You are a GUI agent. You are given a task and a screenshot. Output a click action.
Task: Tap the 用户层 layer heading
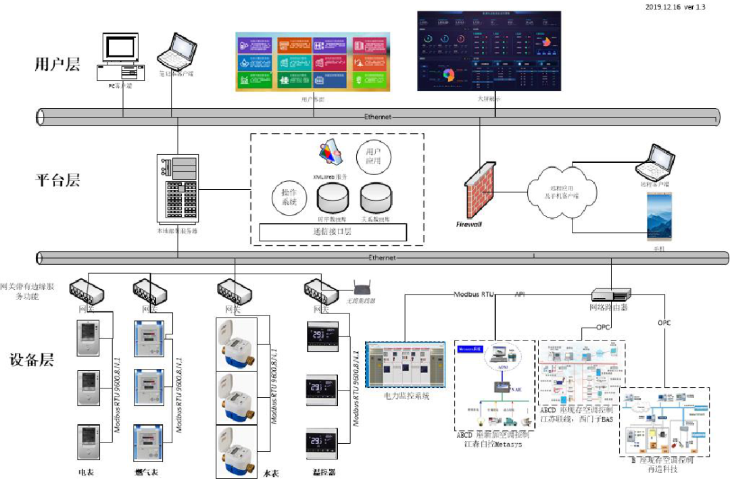tap(57, 65)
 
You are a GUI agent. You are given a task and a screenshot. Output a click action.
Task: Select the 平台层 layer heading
tap(57, 180)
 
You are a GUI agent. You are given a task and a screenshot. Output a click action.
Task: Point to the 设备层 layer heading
tap(31, 360)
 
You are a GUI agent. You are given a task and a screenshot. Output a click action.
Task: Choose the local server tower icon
tap(178, 190)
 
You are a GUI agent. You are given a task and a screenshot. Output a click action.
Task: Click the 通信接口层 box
tap(333, 232)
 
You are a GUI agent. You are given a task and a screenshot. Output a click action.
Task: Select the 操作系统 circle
tap(289, 197)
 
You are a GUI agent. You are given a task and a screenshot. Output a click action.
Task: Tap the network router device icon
tap(611, 295)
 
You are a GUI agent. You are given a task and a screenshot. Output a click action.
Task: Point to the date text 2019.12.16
tap(664, 7)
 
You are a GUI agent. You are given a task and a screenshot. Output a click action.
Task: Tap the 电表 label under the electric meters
tap(86, 472)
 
